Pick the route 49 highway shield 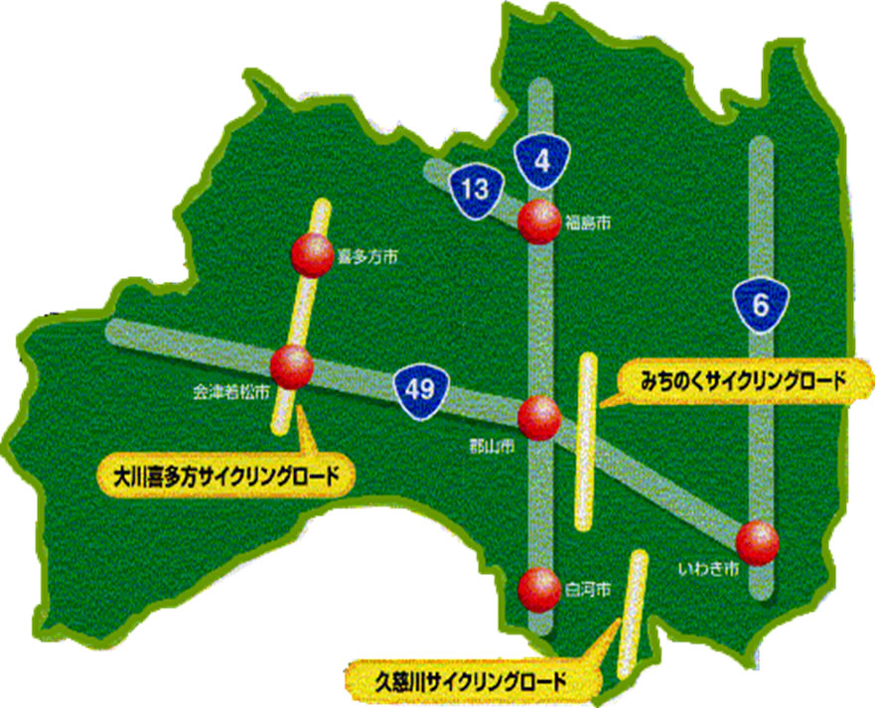[420, 388]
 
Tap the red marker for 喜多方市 [311, 256]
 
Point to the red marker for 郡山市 [539, 416]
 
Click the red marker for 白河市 [537, 587]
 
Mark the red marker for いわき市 [758, 542]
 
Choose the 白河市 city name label [586, 589]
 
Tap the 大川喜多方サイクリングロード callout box [226, 476]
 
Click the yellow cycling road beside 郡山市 [587, 441]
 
